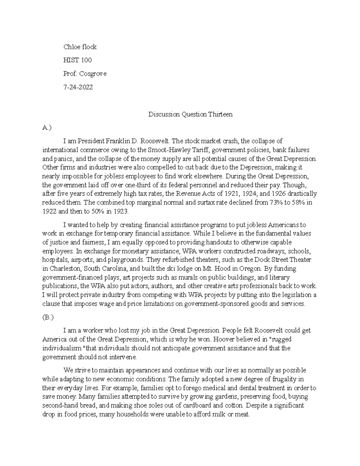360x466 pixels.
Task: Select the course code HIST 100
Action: click(x=77, y=60)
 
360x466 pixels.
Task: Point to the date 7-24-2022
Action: click(x=78, y=87)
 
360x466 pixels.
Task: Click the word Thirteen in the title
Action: click(x=220, y=114)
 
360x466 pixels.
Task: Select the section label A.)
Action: click(x=47, y=128)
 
